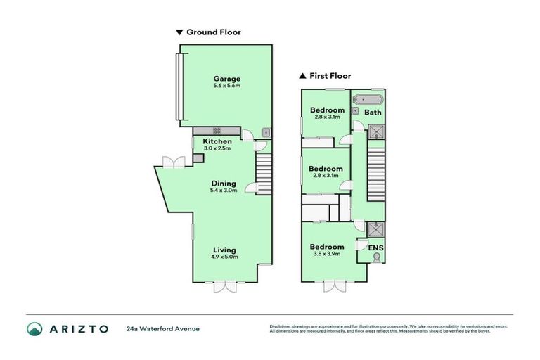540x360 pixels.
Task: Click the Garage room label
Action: pos(227,79)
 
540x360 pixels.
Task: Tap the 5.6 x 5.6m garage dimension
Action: pos(227,86)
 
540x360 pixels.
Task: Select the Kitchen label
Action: pos(217,141)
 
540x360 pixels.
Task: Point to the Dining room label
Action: pos(224,183)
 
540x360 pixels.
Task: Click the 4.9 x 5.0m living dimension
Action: pos(224,257)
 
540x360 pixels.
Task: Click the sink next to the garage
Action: pos(266,131)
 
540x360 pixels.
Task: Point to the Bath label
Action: pos(373,112)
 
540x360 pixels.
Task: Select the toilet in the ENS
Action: pos(376,258)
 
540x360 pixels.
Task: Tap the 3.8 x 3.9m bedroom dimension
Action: pos(327,254)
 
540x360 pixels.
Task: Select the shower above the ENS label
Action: pos(376,228)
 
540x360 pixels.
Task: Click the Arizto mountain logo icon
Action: pos(34,329)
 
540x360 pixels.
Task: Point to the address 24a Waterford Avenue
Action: pos(163,328)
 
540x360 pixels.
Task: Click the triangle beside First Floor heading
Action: pos(302,76)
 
